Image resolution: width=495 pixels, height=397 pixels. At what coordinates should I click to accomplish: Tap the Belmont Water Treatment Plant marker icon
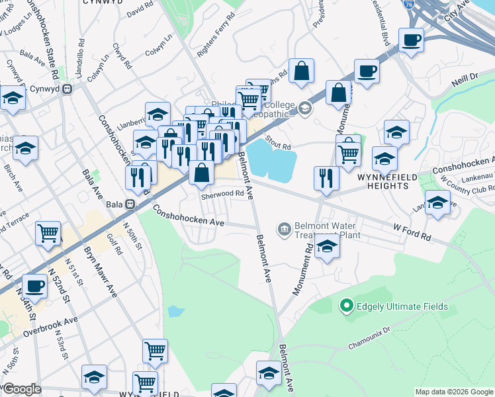[x=285, y=229]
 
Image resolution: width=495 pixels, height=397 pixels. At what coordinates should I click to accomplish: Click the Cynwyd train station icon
[x=67, y=89]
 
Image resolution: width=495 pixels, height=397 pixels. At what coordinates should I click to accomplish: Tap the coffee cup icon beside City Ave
[x=412, y=40]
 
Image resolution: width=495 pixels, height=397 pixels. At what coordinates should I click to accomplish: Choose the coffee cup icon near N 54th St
[x=34, y=286]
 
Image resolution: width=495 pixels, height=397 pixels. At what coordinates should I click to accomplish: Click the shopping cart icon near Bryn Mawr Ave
[x=48, y=234]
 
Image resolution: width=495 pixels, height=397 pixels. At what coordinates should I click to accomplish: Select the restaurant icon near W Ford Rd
[x=326, y=177]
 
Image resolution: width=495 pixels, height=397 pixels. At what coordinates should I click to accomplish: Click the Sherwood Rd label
[x=222, y=194]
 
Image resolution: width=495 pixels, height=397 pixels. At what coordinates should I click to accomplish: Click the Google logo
[x=21, y=388]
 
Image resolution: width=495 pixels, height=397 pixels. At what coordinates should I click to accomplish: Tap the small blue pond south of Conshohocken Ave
[x=175, y=311]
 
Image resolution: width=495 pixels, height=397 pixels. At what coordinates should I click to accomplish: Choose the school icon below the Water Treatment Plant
[x=326, y=247]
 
